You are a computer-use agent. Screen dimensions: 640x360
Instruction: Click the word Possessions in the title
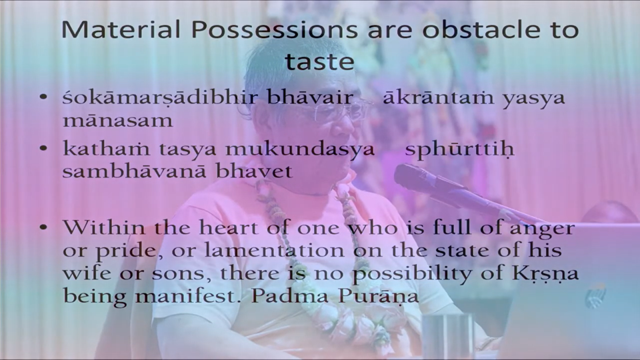pos(274,30)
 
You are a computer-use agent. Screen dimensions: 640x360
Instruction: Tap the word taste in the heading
pos(319,61)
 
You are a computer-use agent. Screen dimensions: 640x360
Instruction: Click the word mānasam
pos(117,121)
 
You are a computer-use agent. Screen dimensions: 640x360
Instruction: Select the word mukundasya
pos(300,149)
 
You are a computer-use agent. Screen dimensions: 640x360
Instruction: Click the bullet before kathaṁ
pos(44,149)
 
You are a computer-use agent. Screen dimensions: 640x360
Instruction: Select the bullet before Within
pos(44,227)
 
